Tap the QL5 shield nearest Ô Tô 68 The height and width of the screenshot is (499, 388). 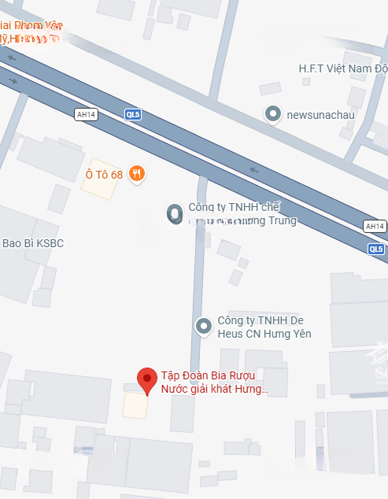click(134, 114)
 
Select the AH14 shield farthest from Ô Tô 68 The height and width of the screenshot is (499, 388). click(375, 226)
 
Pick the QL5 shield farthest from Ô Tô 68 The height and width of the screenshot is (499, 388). click(376, 249)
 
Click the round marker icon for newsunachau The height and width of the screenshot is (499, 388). click(273, 114)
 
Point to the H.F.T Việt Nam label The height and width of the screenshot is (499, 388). click(343, 68)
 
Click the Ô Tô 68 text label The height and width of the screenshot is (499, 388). click(104, 174)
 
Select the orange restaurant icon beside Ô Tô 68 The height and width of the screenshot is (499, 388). click(137, 174)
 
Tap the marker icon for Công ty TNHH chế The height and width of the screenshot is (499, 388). click(174, 213)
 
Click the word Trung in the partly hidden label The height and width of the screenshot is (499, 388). click(282, 220)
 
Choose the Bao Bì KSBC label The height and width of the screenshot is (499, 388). click(33, 243)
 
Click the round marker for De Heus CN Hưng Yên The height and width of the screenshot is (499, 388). click(204, 326)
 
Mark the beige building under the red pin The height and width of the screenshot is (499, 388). click(135, 405)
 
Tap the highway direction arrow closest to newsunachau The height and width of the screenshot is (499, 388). click(253, 168)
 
